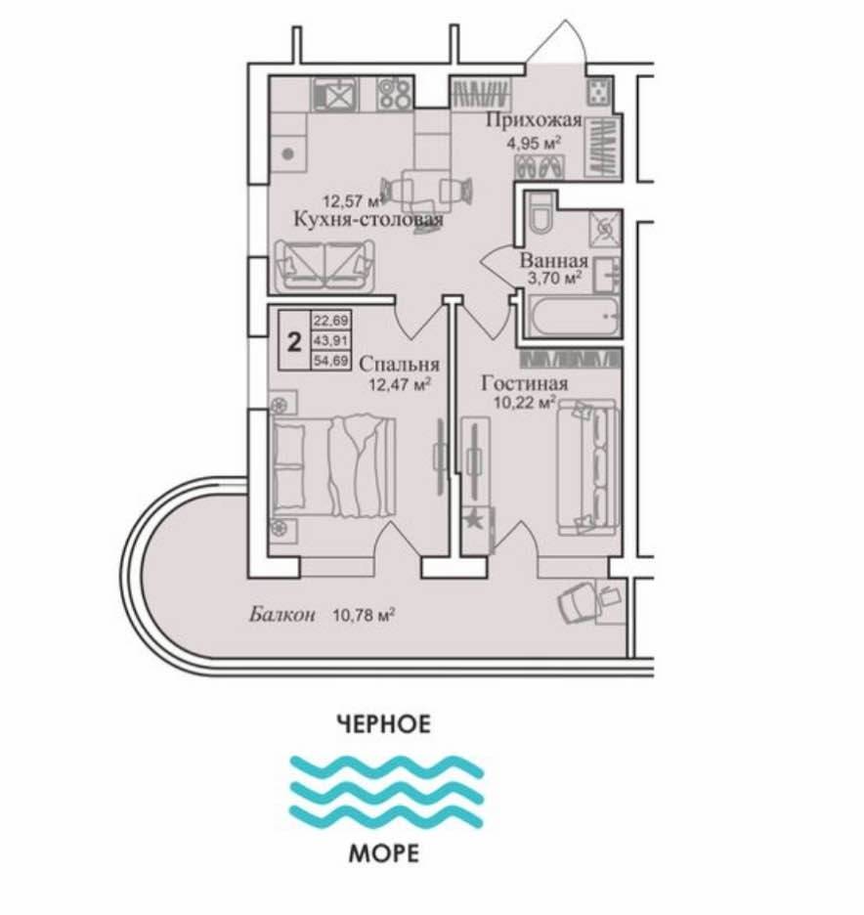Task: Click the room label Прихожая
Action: coord(535,120)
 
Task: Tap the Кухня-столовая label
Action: coord(368,219)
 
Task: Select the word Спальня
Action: coord(399,364)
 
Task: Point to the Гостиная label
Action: coord(525,383)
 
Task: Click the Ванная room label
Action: coord(553,260)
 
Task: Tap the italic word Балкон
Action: coord(282,614)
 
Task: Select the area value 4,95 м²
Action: coord(537,143)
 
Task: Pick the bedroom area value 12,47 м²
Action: coord(400,384)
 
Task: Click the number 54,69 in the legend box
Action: coord(331,360)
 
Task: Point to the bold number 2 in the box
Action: coord(295,341)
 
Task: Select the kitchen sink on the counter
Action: coord(335,94)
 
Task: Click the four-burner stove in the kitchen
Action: coord(395,94)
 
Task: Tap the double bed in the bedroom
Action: coord(332,465)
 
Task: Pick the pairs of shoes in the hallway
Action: coord(540,167)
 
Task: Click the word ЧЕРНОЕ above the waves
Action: coord(384,723)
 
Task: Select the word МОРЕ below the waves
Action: coord(384,853)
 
